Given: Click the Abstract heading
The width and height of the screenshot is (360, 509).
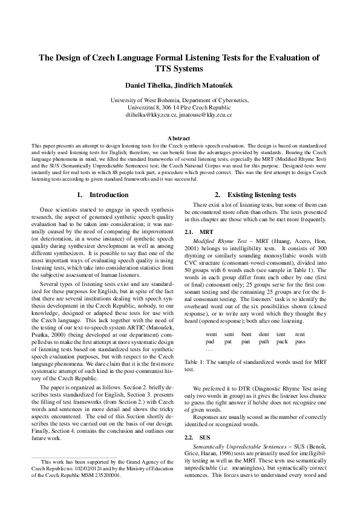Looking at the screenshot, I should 180,138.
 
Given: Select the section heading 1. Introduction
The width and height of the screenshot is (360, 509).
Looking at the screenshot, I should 103,195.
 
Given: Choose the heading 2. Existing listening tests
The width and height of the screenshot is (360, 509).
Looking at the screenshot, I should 255,195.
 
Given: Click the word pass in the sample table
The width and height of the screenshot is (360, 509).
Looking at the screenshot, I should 300,342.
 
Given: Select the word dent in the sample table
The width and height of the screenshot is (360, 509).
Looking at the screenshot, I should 264,334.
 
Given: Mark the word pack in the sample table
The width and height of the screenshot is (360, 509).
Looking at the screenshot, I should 282,342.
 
